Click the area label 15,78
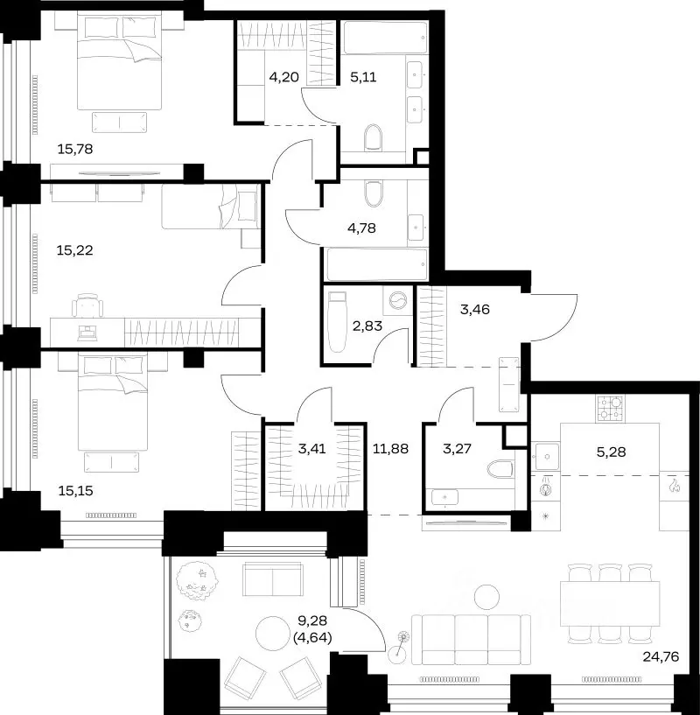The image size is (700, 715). tap(75, 149)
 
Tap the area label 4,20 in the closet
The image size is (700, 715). tap(283, 77)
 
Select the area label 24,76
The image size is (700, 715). tap(661, 656)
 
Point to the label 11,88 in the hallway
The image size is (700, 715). tap(390, 449)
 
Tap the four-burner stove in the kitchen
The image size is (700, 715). tap(610, 409)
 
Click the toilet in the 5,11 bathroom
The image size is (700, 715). tap(373, 137)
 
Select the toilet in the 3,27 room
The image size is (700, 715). tap(500, 469)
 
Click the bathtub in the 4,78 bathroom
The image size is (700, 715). tap(376, 264)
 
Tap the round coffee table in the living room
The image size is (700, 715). tap(486, 597)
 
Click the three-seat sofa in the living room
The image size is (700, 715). tap(471, 640)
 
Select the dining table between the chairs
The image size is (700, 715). tap(610, 603)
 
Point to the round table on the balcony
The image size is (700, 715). tap(273, 634)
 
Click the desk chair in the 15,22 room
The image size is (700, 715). tap(87, 305)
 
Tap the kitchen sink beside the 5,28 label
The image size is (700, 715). tap(545, 456)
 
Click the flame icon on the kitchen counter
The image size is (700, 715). tap(675, 486)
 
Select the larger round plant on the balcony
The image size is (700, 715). tap(198, 581)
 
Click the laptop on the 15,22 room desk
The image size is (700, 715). tap(87, 333)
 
